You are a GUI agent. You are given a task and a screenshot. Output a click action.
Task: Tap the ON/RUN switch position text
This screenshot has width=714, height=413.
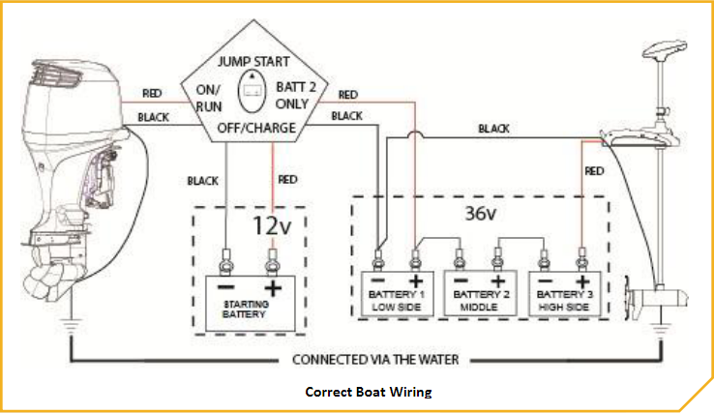tap(210, 97)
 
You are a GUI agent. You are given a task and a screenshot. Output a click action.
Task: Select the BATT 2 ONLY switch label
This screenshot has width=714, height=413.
tap(296, 94)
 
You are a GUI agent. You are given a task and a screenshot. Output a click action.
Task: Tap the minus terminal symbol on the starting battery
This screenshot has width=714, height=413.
tap(225, 288)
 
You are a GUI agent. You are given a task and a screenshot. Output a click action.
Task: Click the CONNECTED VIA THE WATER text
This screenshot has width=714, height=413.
tap(375, 360)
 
